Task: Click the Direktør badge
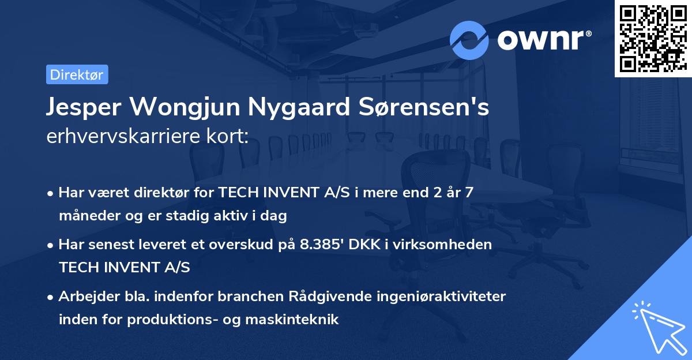[x=77, y=75]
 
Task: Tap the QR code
[x=652, y=38]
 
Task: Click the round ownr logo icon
[x=469, y=40]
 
